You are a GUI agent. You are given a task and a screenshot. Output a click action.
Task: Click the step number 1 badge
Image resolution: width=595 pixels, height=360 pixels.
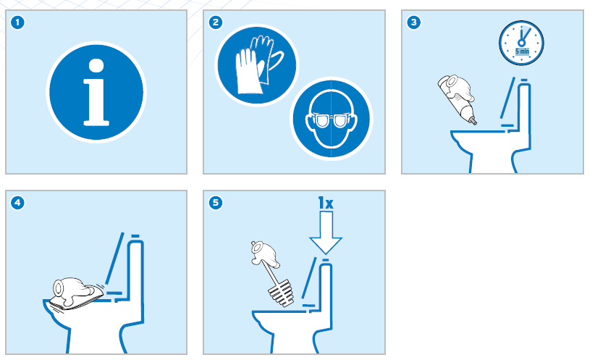[17, 22]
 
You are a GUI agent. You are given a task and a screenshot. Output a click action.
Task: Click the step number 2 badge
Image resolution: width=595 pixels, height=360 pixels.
[216, 22]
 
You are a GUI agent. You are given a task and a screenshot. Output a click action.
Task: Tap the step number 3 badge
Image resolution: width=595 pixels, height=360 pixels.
[413, 22]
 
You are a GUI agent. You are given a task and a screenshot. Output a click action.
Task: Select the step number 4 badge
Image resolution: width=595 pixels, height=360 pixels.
[17, 203]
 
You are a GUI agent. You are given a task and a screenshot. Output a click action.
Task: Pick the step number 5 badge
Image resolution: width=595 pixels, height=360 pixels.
[216, 203]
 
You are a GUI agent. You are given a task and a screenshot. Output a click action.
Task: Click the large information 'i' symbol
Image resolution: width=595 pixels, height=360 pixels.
[96, 92]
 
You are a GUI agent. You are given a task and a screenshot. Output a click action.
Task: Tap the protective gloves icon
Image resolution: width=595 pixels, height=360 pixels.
[257, 65]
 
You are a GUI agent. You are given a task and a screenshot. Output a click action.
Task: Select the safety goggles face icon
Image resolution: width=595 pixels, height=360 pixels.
[332, 119]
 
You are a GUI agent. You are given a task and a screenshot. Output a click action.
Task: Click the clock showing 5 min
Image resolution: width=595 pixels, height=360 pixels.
[521, 43]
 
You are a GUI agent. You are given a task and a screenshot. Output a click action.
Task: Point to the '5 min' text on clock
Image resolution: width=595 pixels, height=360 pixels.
[522, 51]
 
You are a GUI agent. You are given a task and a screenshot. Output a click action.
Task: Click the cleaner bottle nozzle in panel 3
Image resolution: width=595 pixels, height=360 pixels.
[473, 121]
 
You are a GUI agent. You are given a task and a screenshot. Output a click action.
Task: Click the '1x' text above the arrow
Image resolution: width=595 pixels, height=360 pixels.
[326, 203]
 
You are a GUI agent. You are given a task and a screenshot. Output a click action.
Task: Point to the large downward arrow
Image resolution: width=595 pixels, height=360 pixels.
[326, 233]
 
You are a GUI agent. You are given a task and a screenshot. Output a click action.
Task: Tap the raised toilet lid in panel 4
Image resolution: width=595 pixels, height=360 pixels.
[114, 259]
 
